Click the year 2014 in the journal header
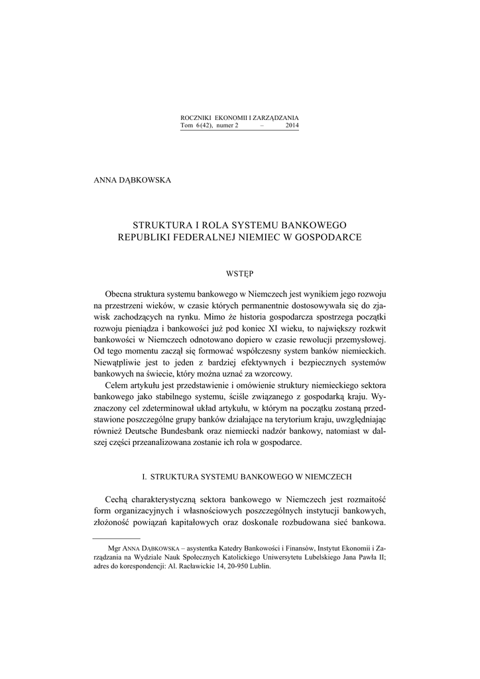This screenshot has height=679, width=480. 291,125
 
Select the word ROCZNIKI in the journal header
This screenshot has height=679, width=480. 196,117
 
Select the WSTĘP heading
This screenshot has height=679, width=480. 240,272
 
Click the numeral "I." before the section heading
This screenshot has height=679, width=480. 146,477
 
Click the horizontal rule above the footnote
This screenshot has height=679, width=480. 117,540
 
